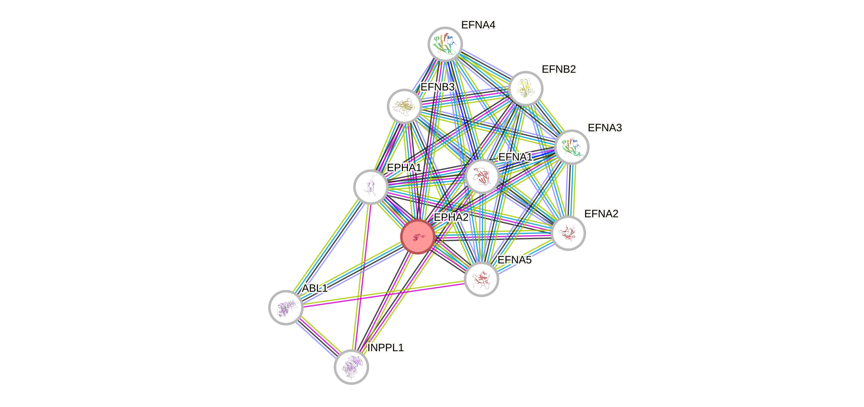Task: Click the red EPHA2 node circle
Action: (x=418, y=237)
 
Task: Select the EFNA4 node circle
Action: (x=445, y=44)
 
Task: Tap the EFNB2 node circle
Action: (x=526, y=88)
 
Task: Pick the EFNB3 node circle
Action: (x=405, y=106)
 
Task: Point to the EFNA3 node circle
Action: (x=572, y=147)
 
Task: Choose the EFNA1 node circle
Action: (x=482, y=176)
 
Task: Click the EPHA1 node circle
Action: (x=371, y=187)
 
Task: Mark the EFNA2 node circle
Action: (x=568, y=233)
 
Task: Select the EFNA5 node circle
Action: (x=481, y=279)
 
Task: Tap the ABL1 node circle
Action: (x=286, y=307)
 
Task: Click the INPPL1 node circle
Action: (x=351, y=367)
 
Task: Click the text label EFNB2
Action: (x=559, y=69)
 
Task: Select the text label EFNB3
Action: (x=437, y=87)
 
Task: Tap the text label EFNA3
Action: (x=605, y=128)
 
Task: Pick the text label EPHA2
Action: (x=451, y=217)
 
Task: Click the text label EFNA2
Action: (x=601, y=214)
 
